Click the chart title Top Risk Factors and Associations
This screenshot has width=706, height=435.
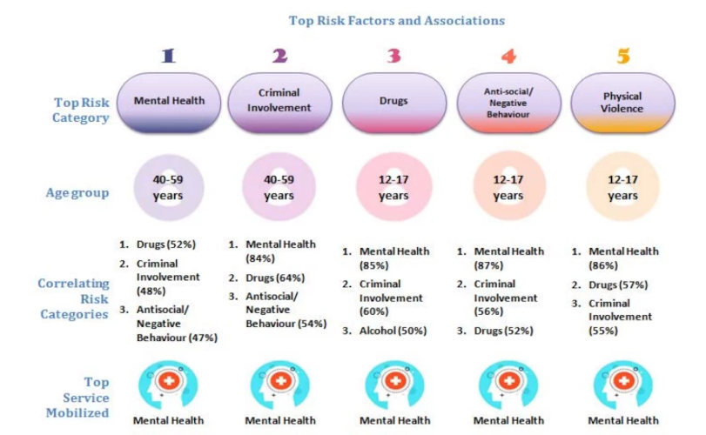point(396,20)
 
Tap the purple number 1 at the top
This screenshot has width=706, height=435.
point(169,57)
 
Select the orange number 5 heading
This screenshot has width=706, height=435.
point(622,57)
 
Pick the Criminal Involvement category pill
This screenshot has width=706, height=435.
point(279,102)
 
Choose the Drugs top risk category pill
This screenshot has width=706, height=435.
point(393,102)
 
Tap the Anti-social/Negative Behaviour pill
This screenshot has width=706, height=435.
point(508,102)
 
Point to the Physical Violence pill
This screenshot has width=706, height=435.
point(622,102)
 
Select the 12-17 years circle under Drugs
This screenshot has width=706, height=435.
point(393,188)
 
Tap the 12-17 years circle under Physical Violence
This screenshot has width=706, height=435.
point(622,188)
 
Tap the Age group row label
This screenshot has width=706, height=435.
point(77,192)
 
